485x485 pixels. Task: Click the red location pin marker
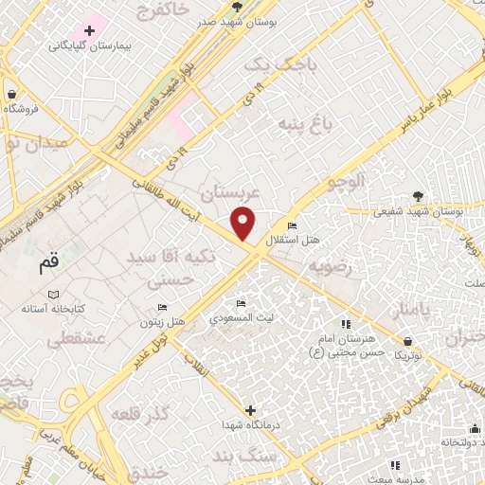tap(244, 223)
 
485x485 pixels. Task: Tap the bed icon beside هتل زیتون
tap(162, 308)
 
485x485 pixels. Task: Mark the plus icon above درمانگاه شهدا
tap(250, 410)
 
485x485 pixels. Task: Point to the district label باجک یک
tap(276, 63)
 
